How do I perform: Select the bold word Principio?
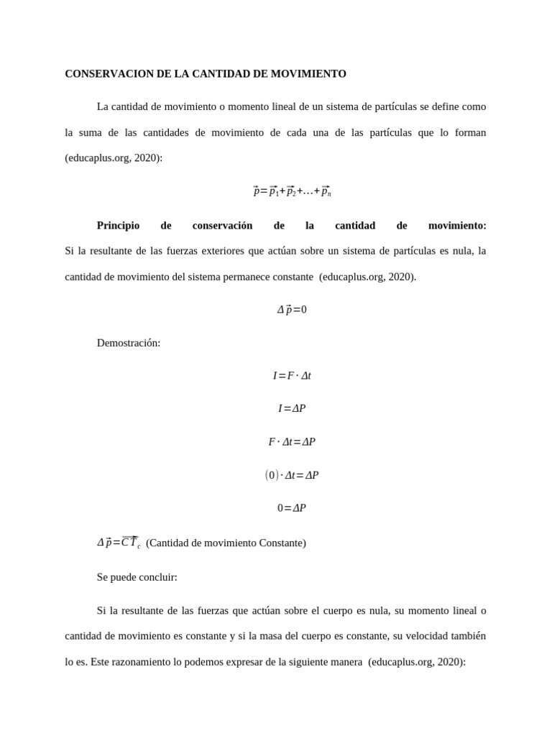click(x=118, y=226)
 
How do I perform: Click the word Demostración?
click(x=129, y=343)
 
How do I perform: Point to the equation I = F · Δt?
click(x=292, y=376)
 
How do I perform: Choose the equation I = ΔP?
click(x=292, y=409)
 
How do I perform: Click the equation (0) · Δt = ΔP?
click(x=292, y=475)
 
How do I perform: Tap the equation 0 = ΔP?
click(x=292, y=508)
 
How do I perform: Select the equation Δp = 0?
click(x=292, y=310)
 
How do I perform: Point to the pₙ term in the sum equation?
click(x=326, y=192)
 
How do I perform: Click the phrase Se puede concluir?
click(x=137, y=577)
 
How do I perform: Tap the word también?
click(x=467, y=636)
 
